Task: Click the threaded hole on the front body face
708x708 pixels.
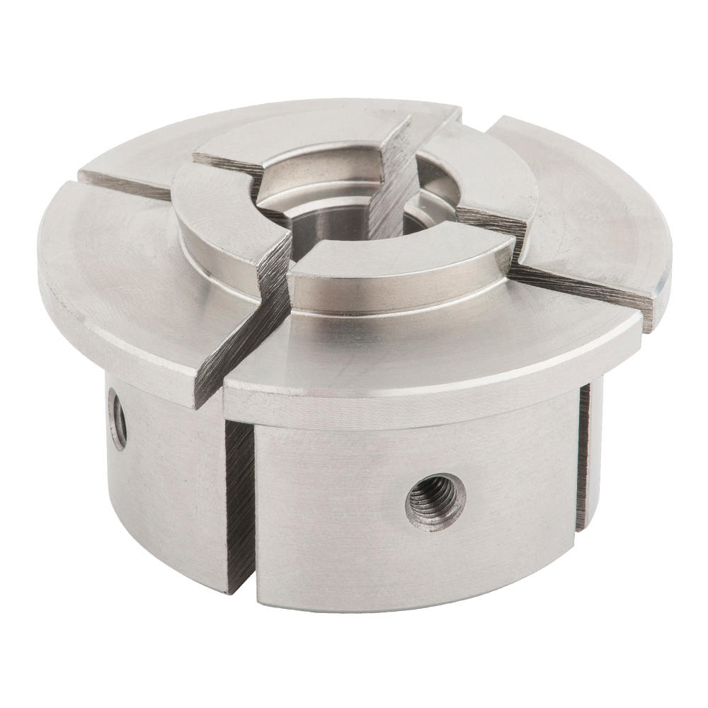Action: coord(436,499)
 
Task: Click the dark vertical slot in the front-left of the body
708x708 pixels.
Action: coord(239,496)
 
